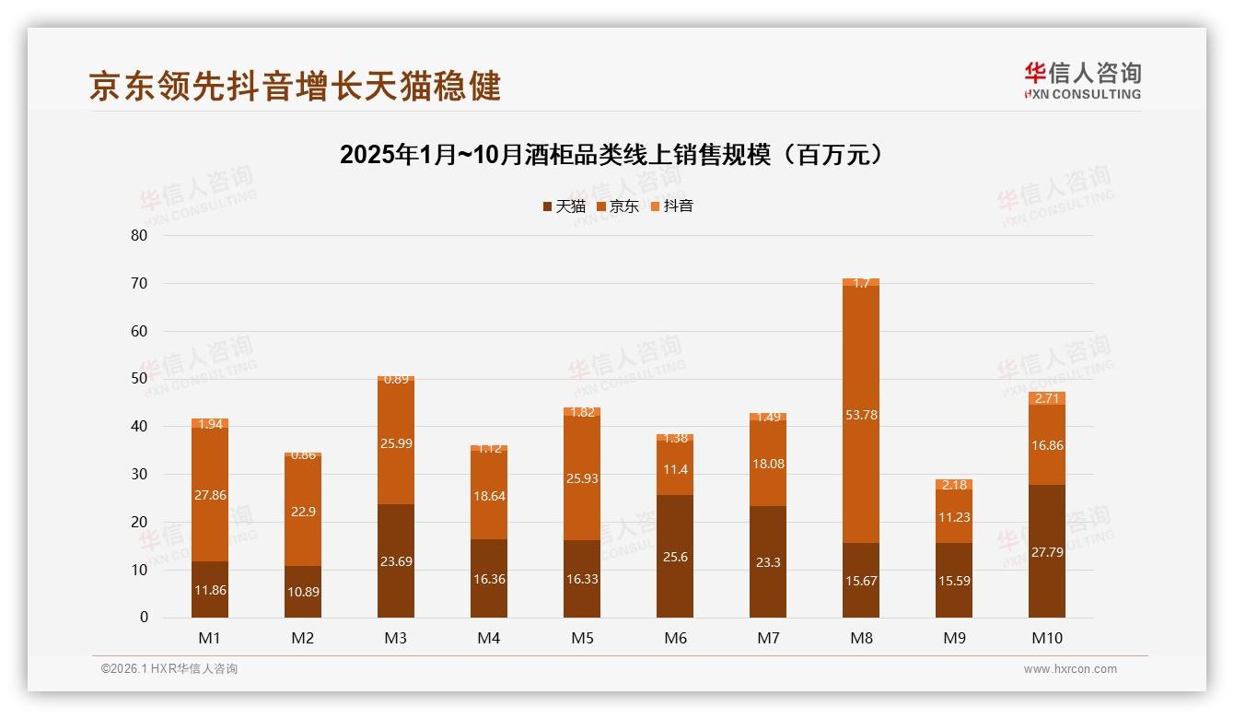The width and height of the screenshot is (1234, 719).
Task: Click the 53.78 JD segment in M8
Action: point(861,415)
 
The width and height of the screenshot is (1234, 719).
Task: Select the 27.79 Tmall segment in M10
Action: point(1047,551)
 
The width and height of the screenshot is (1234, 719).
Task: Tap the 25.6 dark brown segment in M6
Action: point(675,557)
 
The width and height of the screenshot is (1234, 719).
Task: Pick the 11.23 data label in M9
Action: point(954,517)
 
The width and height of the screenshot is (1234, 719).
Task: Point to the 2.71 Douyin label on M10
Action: point(1047,398)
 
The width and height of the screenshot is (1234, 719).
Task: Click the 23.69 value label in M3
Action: point(396,561)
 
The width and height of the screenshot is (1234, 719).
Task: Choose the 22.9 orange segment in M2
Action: point(303,512)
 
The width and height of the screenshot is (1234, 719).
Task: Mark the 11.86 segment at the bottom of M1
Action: point(210,590)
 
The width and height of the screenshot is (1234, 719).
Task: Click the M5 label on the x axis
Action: point(582,638)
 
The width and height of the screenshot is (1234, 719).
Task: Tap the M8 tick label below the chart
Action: point(861,638)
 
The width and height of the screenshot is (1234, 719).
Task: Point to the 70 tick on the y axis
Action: point(139,283)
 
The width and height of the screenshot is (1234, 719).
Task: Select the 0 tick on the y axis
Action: point(144,618)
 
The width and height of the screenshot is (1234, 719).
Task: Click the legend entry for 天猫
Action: point(565,206)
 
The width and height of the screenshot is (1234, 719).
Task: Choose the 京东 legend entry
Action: point(618,206)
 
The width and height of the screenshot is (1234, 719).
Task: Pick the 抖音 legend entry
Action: point(672,206)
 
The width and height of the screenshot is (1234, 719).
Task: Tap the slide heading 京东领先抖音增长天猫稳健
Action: point(295,86)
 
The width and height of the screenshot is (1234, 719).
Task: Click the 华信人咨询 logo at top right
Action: point(1082,80)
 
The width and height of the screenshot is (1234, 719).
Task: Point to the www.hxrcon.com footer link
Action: point(1070,669)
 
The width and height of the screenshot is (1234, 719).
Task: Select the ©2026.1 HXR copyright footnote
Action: point(169,669)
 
